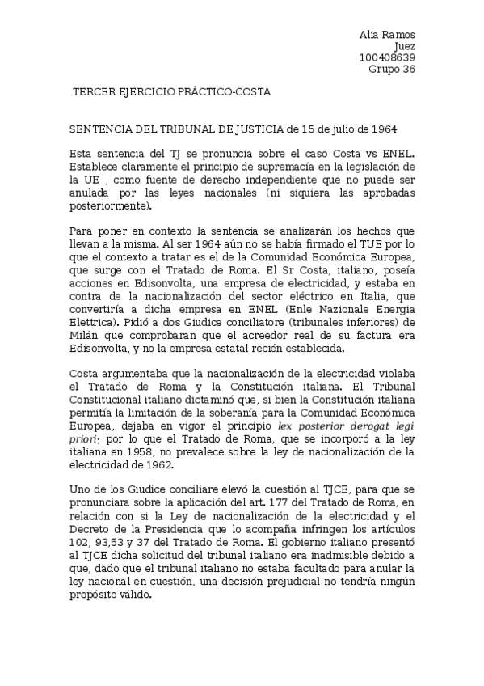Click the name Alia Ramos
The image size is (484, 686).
click(x=387, y=35)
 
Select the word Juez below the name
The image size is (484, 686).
click(x=404, y=46)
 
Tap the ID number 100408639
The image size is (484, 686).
click(x=387, y=57)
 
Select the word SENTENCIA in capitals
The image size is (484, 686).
click(x=99, y=129)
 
